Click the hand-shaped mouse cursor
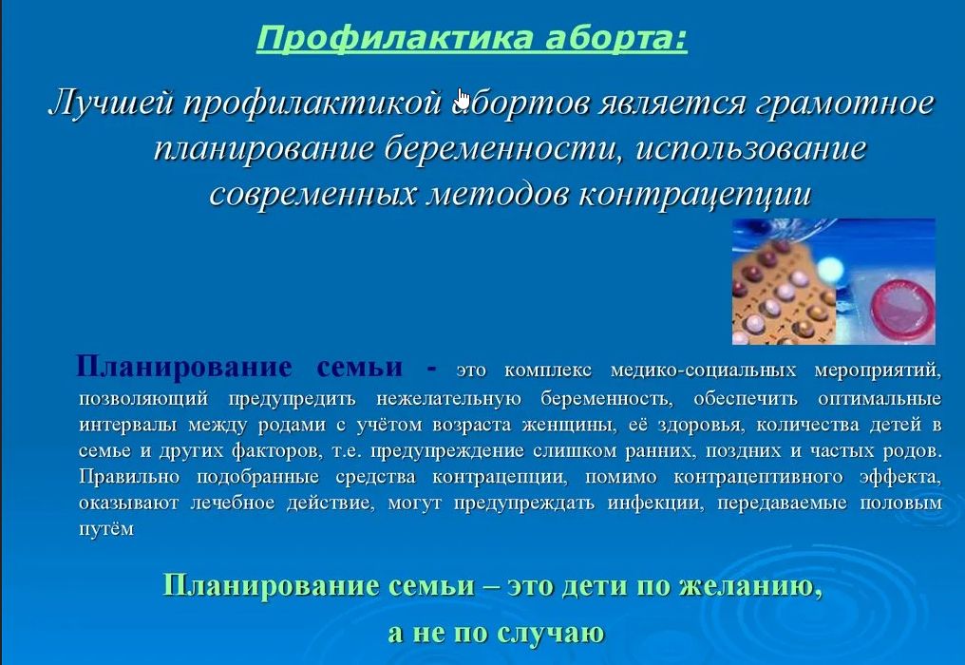pos(464,99)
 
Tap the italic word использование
pos(751,148)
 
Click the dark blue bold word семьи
pos(360,367)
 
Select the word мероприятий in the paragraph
pos(878,370)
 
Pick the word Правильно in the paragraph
pos(129,477)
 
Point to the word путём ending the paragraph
pos(106,529)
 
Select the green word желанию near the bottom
pos(751,585)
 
